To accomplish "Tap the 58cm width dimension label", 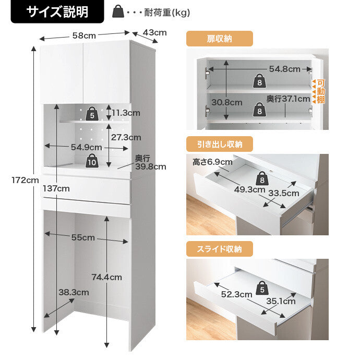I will coord(84,36).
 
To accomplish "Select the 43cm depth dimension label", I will coord(154,32).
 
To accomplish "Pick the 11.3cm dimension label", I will coord(126,113).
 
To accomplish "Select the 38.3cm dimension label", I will coord(74,292).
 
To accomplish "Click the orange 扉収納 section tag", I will coord(219,39).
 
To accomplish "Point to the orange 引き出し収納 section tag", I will coord(219,144).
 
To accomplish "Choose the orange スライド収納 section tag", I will coord(219,249).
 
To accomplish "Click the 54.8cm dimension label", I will coord(284,69).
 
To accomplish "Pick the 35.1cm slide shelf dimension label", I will coord(281,301).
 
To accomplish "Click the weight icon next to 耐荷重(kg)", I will coord(119,12).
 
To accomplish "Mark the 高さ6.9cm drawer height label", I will coord(212,162).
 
